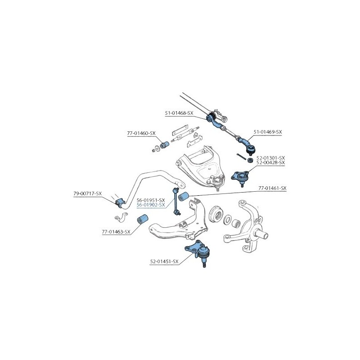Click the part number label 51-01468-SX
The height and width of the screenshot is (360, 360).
179,113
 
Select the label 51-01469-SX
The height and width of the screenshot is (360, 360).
268,132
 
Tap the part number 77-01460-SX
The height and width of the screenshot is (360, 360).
141,133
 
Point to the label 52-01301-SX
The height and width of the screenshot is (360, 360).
270,158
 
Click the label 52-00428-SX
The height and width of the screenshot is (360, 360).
270,162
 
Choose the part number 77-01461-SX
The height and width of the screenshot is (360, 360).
273,188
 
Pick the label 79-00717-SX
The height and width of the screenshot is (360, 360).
87,193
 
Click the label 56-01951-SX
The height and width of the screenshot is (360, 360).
151,200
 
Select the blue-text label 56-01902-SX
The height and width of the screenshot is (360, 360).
151,205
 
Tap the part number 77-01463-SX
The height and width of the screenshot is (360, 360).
116,232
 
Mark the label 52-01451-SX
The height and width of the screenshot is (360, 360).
164,261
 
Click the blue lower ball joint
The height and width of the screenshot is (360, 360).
199,252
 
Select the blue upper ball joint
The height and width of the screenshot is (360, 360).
240,177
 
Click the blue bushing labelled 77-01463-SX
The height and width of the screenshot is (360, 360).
143,219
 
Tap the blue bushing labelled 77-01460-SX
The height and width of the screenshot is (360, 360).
164,145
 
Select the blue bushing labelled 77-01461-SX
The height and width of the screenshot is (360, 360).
184,196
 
